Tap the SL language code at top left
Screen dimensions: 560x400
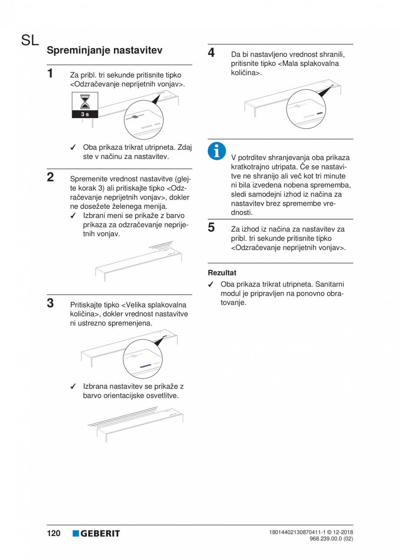tap(30, 40)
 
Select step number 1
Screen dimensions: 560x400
tap(51, 72)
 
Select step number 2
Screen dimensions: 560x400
tap(51, 177)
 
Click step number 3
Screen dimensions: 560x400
tap(51, 302)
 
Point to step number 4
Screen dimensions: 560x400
tap(212, 53)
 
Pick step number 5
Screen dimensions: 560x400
tap(212, 227)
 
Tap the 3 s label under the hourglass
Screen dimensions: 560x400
tap(85, 114)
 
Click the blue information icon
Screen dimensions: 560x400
tap(216, 150)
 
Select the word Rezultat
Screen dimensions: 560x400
tap(222, 273)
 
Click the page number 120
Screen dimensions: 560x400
tap(53, 534)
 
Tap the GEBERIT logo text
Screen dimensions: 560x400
tap(100, 534)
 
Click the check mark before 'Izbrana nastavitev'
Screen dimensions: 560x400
tap(73, 386)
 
